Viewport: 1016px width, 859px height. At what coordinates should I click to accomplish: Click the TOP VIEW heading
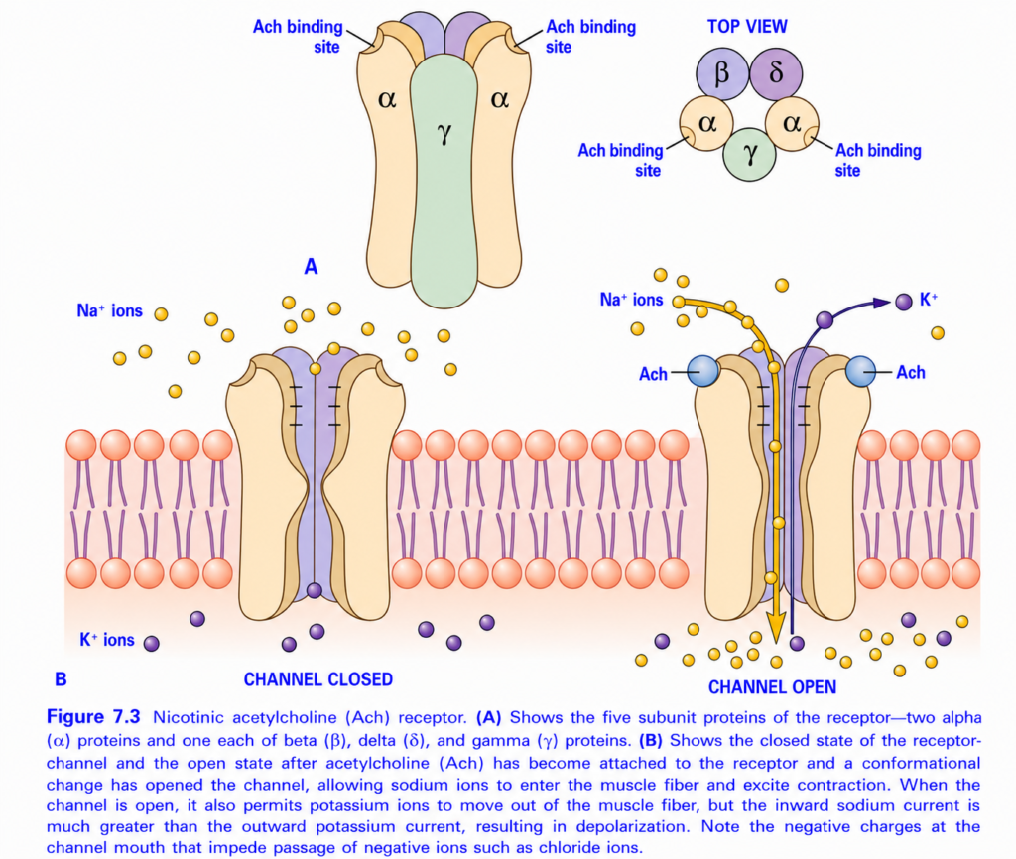pyautogui.click(x=747, y=27)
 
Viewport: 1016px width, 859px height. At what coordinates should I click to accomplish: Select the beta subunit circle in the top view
pyautogui.click(x=722, y=73)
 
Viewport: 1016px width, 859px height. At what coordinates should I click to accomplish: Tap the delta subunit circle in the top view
pyautogui.click(x=776, y=73)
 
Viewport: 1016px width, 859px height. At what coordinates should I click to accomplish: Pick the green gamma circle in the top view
pyautogui.click(x=749, y=154)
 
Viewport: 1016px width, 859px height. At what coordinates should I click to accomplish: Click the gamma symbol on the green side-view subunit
pyautogui.click(x=444, y=133)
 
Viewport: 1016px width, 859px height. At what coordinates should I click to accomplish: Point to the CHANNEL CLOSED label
pyautogui.click(x=318, y=679)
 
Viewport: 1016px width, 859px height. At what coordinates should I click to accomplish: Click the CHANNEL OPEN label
pyautogui.click(x=772, y=687)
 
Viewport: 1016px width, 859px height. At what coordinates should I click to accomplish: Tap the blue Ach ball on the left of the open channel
pyautogui.click(x=703, y=371)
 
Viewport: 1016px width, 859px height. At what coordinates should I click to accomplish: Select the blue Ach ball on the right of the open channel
pyautogui.click(x=861, y=371)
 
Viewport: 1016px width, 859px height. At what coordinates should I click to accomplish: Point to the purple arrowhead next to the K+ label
pyautogui.click(x=882, y=302)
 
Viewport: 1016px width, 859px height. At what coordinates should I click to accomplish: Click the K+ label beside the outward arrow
pyautogui.click(x=929, y=300)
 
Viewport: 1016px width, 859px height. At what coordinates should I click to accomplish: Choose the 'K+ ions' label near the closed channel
pyautogui.click(x=107, y=640)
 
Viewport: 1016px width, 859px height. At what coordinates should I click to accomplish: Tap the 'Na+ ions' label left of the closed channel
pyautogui.click(x=109, y=310)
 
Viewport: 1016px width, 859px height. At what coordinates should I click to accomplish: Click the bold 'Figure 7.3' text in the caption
pyautogui.click(x=93, y=717)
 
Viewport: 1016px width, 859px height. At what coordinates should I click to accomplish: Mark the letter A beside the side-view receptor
pyautogui.click(x=311, y=266)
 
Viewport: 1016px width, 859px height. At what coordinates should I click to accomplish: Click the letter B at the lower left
pyautogui.click(x=61, y=678)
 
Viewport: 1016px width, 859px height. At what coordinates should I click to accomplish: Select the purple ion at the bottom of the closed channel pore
pyautogui.click(x=315, y=590)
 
